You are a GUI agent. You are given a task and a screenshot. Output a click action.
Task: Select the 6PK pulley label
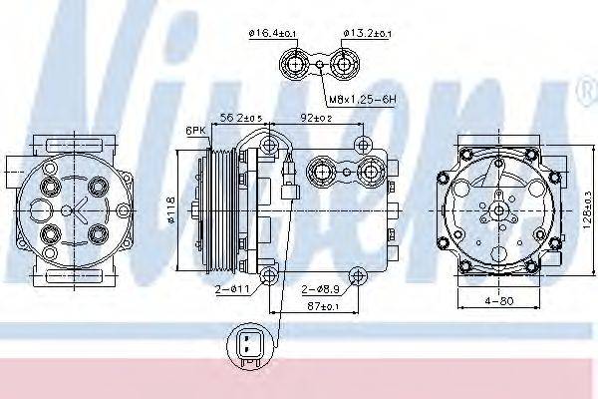tap(194, 131)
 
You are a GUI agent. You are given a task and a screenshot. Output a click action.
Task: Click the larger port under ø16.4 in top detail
tap(295, 66)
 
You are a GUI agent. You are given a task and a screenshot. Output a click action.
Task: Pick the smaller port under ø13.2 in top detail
tap(345, 66)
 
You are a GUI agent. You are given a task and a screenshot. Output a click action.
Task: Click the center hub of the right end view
tap(494, 211)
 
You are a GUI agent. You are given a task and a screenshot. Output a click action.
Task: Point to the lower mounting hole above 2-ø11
tap(269, 274)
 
